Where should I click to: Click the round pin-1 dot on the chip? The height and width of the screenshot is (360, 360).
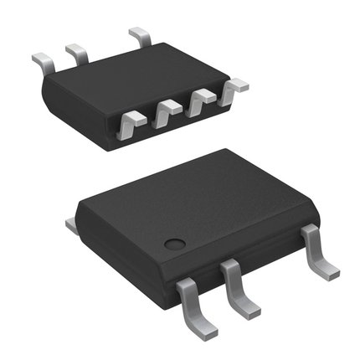[174, 244]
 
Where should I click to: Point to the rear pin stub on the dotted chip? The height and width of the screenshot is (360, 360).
[71, 224]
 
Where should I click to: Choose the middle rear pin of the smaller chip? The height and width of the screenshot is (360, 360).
[77, 54]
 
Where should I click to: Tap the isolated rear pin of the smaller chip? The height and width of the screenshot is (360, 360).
[139, 37]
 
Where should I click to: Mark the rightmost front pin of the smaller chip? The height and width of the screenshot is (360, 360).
[234, 87]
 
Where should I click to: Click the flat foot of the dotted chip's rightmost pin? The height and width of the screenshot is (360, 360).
[327, 271]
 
